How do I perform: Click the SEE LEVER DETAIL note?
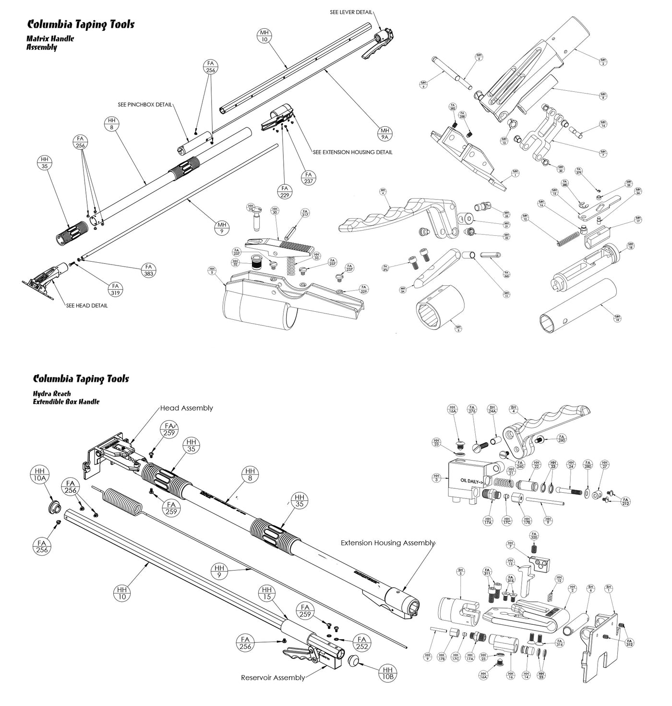(x=351, y=12)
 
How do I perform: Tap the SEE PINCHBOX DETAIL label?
(x=144, y=104)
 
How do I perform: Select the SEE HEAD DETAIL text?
(x=87, y=305)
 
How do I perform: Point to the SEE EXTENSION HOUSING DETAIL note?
(x=352, y=152)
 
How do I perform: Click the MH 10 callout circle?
(x=264, y=36)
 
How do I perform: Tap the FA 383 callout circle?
(x=148, y=270)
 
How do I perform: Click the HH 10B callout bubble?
(x=388, y=674)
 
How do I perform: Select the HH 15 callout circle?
(x=267, y=594)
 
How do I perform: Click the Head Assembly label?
(x=186, y=408)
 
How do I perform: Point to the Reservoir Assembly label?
(x=273, y=678)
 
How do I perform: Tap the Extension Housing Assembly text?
(x=387, y=543)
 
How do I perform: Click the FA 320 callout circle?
(x=533, y=536)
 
